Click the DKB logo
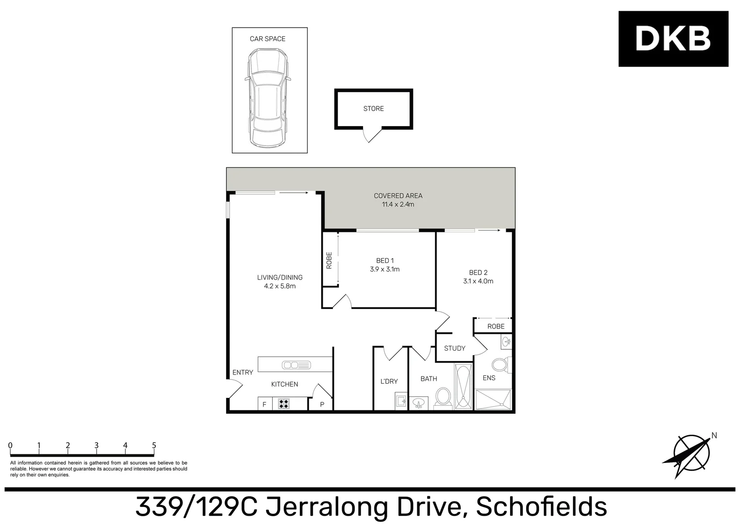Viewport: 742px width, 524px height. (673, 39)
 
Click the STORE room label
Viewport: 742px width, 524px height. (373, 109)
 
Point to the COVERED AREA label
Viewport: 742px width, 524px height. (398, 196)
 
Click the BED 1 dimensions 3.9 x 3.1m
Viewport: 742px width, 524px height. (384, 269)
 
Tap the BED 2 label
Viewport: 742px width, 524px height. (478, 273)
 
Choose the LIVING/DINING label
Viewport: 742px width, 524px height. (280, 278)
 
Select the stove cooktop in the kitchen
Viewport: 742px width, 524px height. (284, 404)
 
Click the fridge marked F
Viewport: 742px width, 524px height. (264, 404)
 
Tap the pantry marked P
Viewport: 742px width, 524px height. (322, 404)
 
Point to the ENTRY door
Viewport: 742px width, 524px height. (234, 388)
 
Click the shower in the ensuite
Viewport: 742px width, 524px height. (493, 400)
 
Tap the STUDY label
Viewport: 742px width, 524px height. (454, 348)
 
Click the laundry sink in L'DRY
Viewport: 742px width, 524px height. (401, 402)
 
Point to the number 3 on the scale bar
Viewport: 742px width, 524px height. (97, 445)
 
